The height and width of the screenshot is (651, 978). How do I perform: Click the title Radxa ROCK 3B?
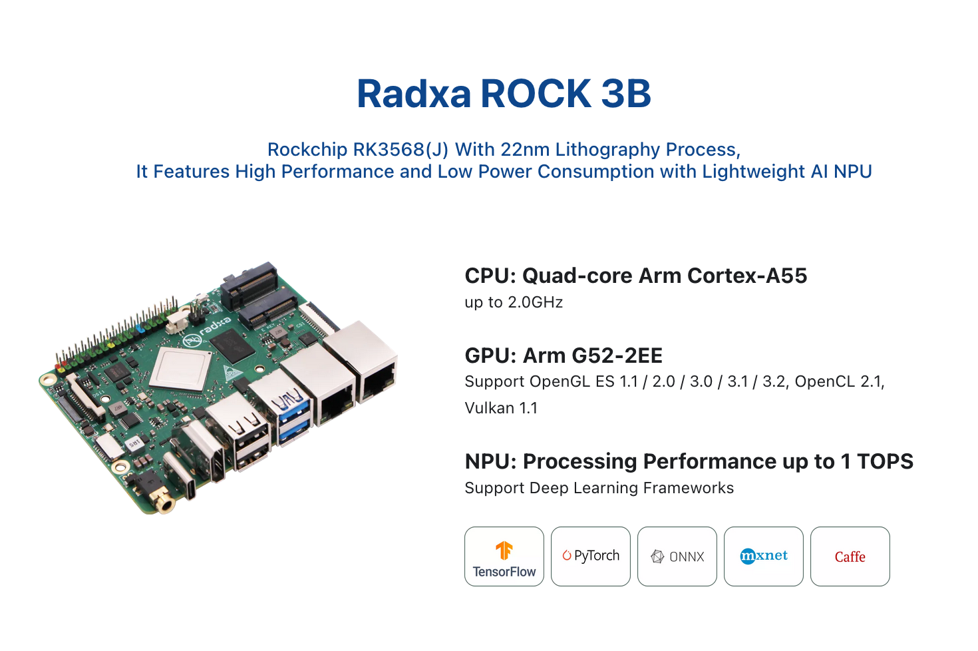pos(504,93)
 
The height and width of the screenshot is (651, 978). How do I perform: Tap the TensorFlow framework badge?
pos(504,556)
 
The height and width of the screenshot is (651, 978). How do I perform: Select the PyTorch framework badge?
pos(590,556)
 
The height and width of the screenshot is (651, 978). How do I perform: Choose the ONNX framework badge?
pos(677,556)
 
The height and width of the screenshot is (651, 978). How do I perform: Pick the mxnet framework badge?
pos(763,556)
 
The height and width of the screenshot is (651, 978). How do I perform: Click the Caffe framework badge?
pos(850,556)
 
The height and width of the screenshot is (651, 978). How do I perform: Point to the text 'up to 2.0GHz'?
pos(514,302)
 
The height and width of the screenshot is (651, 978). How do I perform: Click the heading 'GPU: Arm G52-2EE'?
pos(564,355)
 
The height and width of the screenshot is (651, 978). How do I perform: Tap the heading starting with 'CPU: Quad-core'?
pos(635,276)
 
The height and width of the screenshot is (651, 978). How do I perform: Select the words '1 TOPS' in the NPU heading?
pos(877,461)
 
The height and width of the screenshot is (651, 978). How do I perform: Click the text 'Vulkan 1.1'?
pos(501,408)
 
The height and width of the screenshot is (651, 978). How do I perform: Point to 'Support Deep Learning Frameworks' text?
pos(599,488)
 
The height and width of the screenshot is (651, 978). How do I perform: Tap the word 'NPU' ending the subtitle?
pos(852,172)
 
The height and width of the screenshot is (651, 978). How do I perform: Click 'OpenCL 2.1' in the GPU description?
pos(838,381)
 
